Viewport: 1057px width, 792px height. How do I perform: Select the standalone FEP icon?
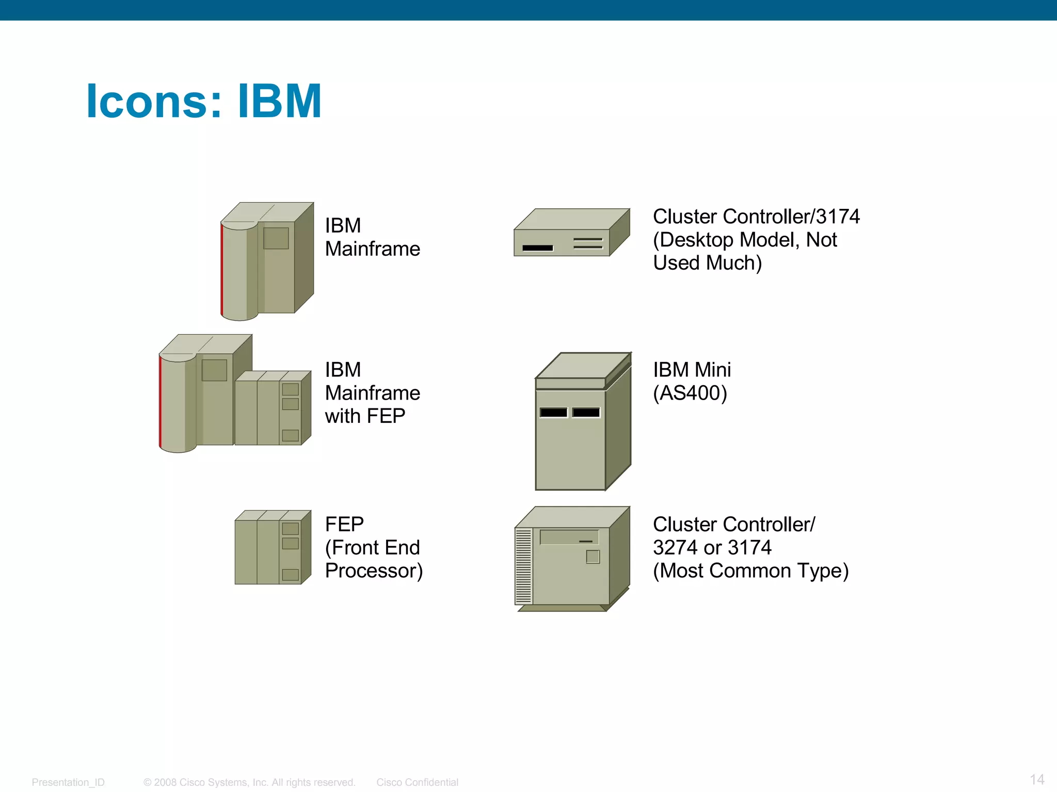(x=273, y=547)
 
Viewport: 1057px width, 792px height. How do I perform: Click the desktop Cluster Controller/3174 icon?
(x=571, y=233)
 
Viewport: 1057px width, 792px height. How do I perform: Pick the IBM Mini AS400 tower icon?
(x=583, y=422)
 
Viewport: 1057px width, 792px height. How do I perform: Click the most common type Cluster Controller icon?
(x=572, y=559)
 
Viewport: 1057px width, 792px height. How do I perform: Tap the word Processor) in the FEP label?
(x=374, y=571)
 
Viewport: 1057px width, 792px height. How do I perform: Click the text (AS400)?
(x=690, y=393)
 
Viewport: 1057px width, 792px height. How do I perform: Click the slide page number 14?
(x=1037, y=779)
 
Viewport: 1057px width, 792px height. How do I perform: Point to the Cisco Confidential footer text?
(x=417, y=782)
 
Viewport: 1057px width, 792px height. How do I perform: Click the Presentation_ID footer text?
(x=68, y=782)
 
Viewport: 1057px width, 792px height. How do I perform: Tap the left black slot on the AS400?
(x=553, y=412)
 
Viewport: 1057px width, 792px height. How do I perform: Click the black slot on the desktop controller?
(x=537, y=248)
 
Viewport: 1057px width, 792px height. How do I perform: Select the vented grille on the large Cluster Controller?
(x=523, y=566)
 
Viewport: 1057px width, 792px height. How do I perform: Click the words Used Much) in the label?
(x=707, y=263)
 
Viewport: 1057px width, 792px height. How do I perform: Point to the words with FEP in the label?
(x=365, y=416)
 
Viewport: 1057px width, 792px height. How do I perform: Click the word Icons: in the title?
(x=154, y=101)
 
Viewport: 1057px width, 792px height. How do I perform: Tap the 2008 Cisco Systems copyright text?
(x=249, y=782)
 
